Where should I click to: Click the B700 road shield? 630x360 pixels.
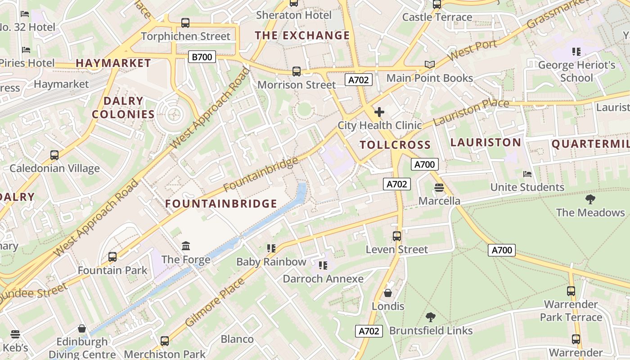202,57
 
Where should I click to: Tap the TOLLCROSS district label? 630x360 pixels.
396,145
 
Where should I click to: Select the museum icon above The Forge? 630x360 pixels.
186,246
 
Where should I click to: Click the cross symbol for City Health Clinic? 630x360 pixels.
379,112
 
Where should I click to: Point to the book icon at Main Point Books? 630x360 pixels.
430,65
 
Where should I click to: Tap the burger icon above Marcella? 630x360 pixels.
439,187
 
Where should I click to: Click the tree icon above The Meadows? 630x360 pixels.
590,199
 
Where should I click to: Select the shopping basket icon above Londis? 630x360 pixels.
388,293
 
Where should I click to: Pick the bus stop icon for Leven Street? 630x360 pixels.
396,236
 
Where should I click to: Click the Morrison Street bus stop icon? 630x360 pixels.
296,71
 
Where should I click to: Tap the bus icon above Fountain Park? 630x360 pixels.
112,257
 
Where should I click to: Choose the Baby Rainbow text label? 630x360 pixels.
271,262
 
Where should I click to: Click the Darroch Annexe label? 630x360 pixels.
323,279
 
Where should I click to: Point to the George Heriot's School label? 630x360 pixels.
576,72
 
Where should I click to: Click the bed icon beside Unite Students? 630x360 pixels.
527,174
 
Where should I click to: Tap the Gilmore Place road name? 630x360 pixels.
215,302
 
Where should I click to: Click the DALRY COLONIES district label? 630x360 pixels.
123,108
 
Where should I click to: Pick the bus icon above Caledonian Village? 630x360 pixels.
54,155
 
